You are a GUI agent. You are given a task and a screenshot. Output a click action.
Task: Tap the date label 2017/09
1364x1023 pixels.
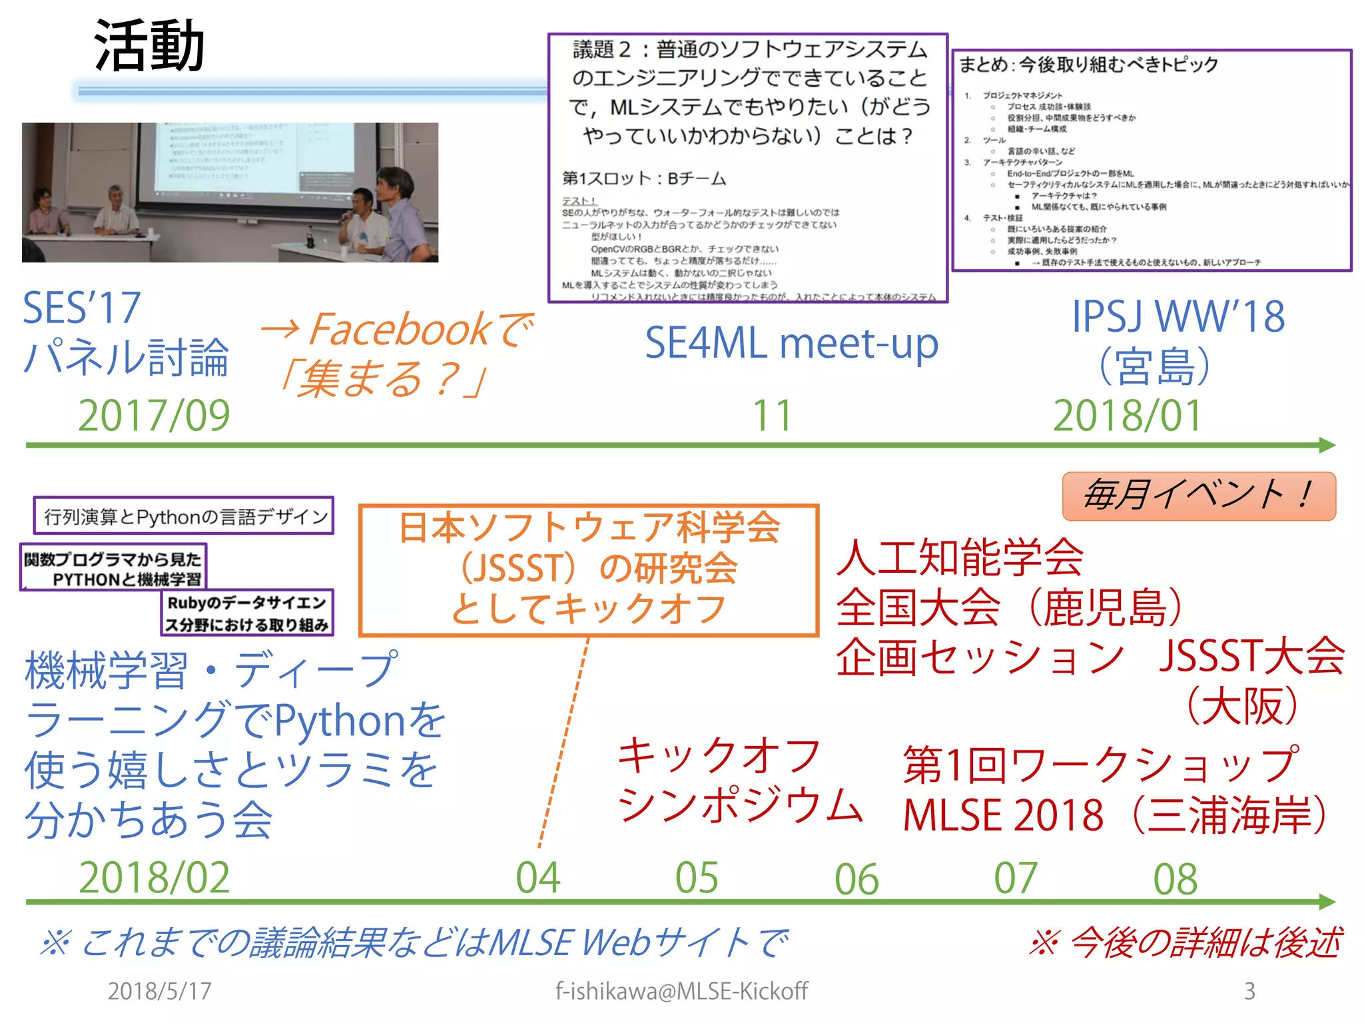click(x=154, y=415)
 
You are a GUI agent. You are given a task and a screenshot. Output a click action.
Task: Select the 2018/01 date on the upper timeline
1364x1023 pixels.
click(x=1127, y=415)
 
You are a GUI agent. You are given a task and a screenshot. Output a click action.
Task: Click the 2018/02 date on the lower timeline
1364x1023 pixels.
click(x=154, y=877)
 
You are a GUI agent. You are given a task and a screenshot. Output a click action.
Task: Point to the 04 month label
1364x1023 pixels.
click(x=538, y=877)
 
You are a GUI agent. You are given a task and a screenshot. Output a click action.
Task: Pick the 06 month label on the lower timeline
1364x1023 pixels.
click(x=856, y=878)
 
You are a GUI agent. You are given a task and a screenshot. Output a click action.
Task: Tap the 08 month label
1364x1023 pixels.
click(x=1176, y=878)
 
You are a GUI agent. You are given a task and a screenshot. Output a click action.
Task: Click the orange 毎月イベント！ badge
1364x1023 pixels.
click(x=1199, y=496)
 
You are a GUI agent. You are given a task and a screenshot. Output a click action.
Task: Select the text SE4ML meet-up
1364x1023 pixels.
click(x=791, y=344)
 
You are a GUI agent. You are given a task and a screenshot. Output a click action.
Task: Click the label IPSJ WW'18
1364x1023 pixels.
click(x=1178, y=316)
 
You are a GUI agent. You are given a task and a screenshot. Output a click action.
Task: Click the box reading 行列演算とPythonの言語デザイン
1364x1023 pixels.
click(x=184, y=516)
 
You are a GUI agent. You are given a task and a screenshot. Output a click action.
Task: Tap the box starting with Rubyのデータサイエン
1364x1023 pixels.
click(x=247, y=613)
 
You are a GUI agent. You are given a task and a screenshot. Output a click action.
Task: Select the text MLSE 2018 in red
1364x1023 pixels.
click(x=1003, y=815)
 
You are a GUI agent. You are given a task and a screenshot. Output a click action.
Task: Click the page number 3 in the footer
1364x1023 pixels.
click(x=1249, y=991)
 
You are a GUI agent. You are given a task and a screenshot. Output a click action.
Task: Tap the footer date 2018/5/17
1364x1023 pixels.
click(x=159, y=991)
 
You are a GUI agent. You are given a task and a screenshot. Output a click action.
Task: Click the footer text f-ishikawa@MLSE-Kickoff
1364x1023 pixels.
click(x=681, y=991)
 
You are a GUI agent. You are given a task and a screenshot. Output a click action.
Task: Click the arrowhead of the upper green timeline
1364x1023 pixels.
click(x=1327, y=445)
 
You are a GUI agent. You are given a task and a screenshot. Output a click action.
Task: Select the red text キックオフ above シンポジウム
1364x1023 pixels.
click(x=719, y=756)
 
